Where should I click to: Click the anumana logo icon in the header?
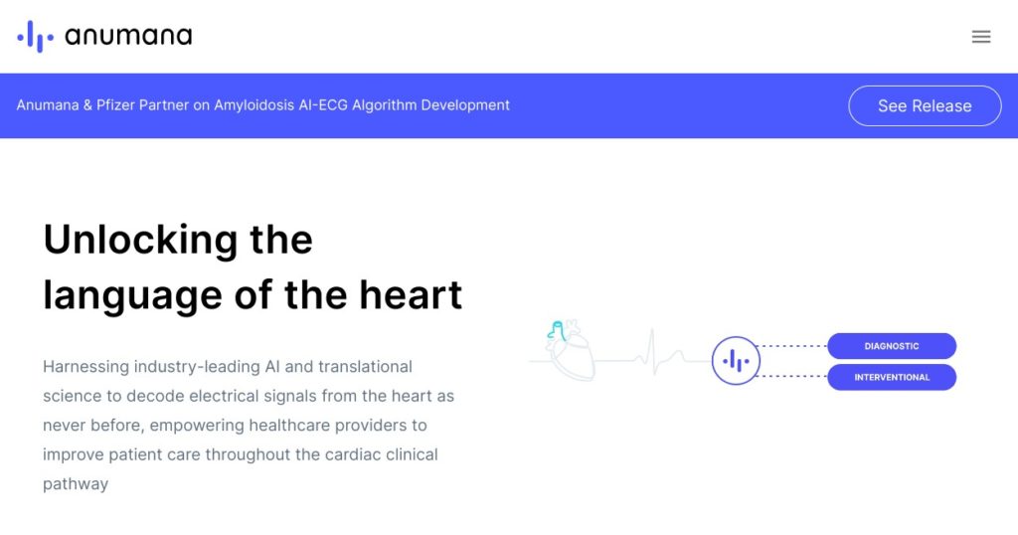[35, 37]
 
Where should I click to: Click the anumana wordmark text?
[128, 36]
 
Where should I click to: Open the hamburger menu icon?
[981, 37]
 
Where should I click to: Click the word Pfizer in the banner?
[116, 105]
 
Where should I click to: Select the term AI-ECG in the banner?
[323, 105]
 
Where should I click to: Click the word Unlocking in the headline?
[140, 241]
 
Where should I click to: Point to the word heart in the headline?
[411, 294]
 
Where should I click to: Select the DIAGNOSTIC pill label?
[892, 346]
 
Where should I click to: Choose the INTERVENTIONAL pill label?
[892, 377]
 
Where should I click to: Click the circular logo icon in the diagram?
[736, 360]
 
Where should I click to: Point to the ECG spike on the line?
[653, 351]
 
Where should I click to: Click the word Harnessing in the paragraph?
[85, 367]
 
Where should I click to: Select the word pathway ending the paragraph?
[76, 484]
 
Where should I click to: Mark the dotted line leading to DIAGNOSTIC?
[792, 346]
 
